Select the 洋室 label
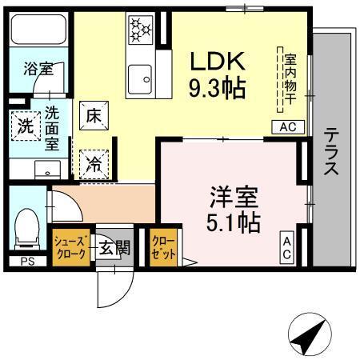(x=233, y=197)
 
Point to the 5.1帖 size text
(x=234, y=222)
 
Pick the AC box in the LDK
(x=289, y=126)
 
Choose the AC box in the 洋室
(x=287, y=247)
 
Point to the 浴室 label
(x=38, y=69)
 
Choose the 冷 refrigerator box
(x=92, y=163)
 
